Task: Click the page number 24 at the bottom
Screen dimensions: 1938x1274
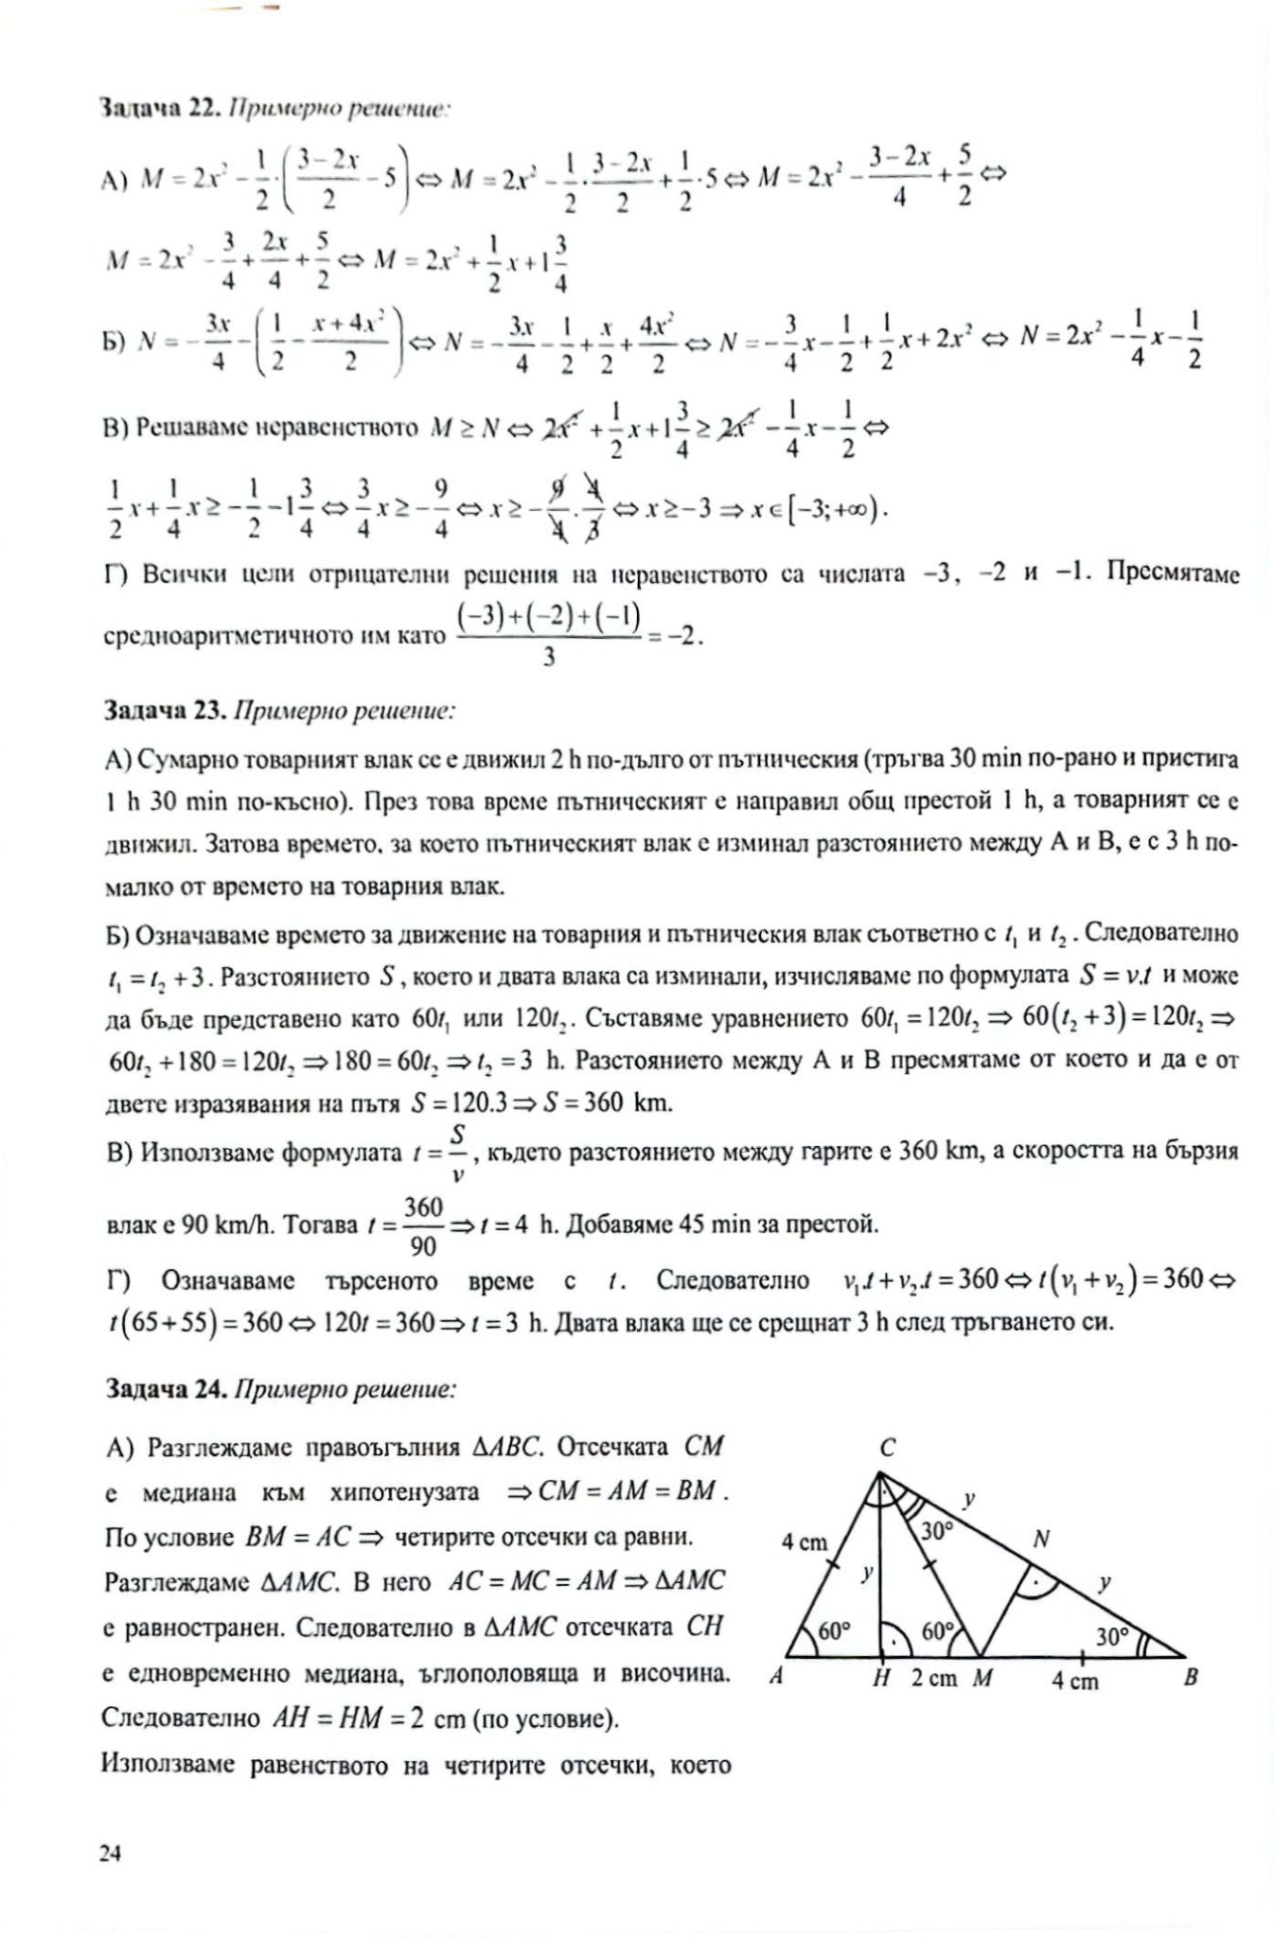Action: point(110,1853)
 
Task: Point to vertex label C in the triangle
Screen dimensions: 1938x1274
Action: point(887,1449)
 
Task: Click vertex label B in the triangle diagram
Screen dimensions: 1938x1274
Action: point(1191,1677)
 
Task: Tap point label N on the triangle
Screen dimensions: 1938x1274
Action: point(1041,1540)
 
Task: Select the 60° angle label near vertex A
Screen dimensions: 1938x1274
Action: point(836,1631)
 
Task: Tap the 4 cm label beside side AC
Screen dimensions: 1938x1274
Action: point(804,1542)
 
